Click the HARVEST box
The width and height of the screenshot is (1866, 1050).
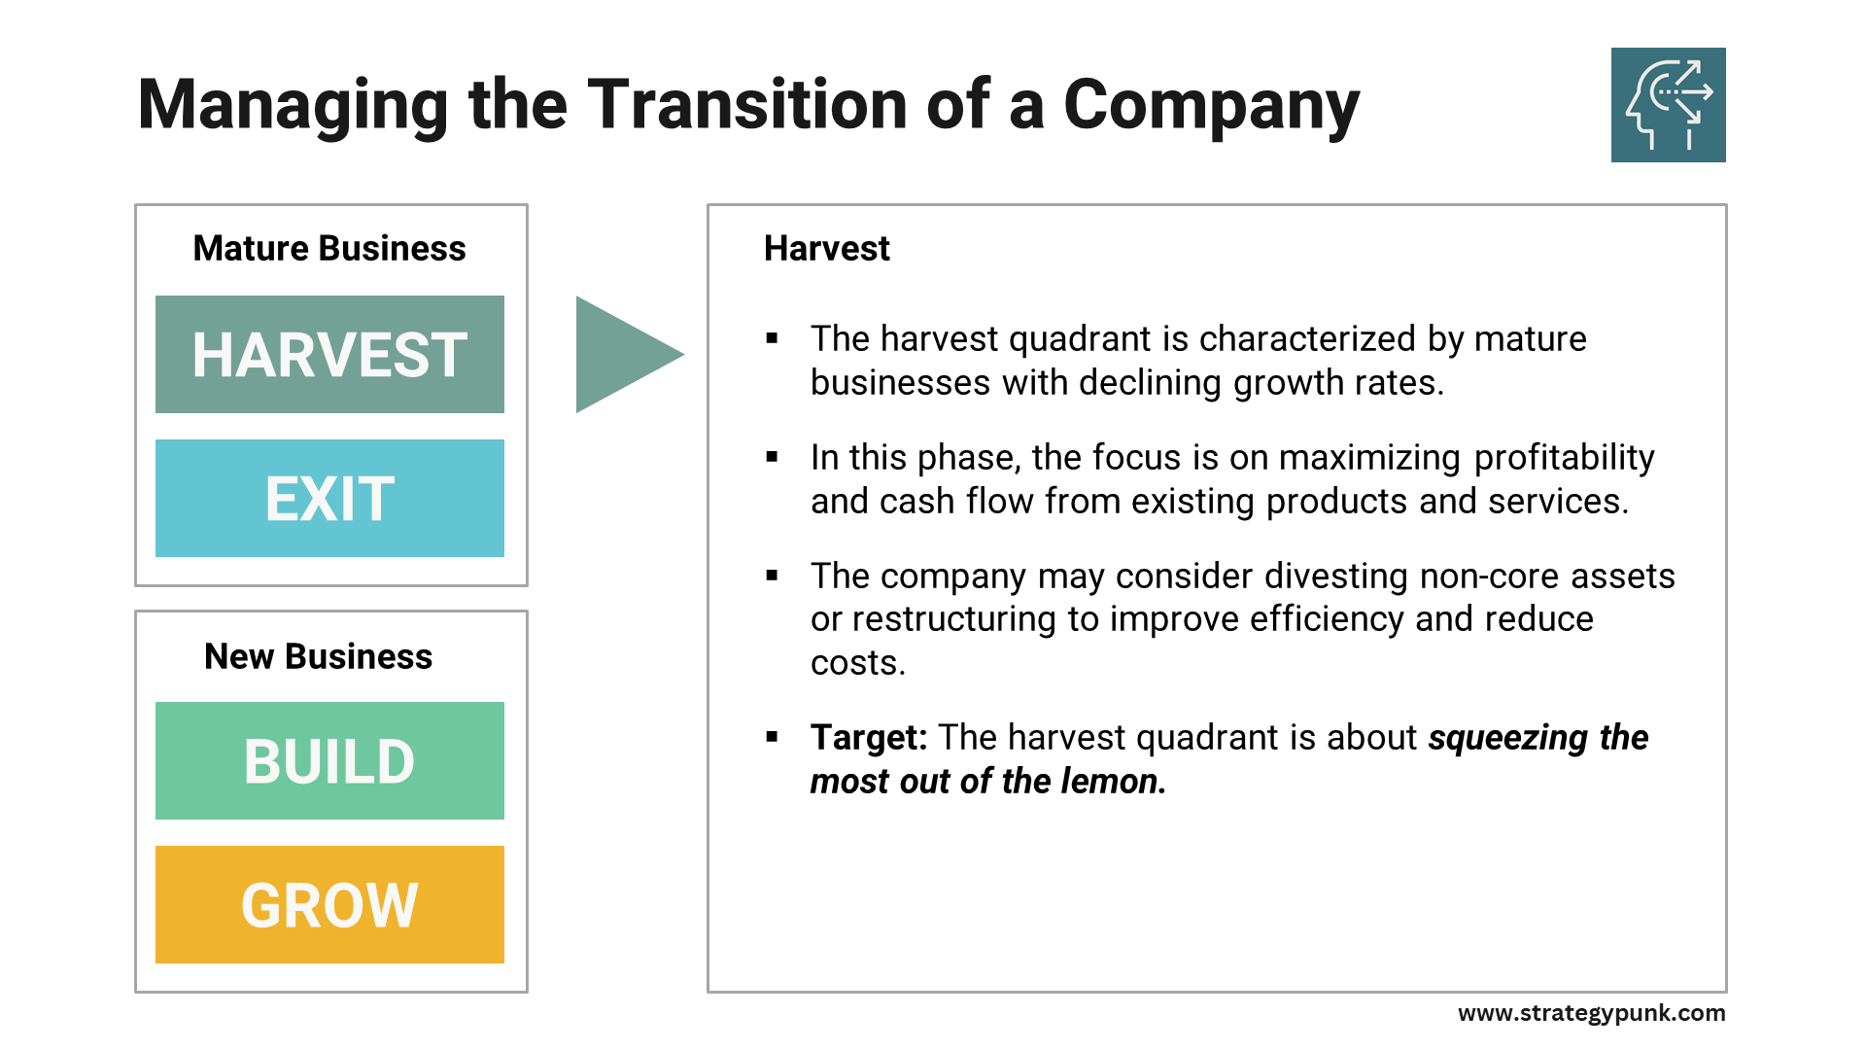[x=329, y=354]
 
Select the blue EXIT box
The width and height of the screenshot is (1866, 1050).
[x=329, y=498]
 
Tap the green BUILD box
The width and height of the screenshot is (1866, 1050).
[x=329, y=760]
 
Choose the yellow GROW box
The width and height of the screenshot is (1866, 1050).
[x=329, y=904]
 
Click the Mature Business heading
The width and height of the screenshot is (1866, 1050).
[x=329, y=248]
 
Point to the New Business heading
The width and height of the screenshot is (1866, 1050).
[x=318, y=656]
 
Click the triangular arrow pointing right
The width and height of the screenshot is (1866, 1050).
[x=622, y=354]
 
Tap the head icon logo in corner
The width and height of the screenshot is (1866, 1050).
[x=1668, y=105]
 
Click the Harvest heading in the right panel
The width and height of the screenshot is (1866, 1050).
[x=826, y=248]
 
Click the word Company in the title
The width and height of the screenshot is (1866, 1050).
[x=1211, y=104]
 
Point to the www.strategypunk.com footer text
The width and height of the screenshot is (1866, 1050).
[x=1591, y=1013]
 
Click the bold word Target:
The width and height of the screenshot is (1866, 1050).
[x=869, y=737]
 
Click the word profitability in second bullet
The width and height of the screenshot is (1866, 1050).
[x=1564, y=457]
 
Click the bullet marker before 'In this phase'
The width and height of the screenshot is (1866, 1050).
[x=772, y=457]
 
